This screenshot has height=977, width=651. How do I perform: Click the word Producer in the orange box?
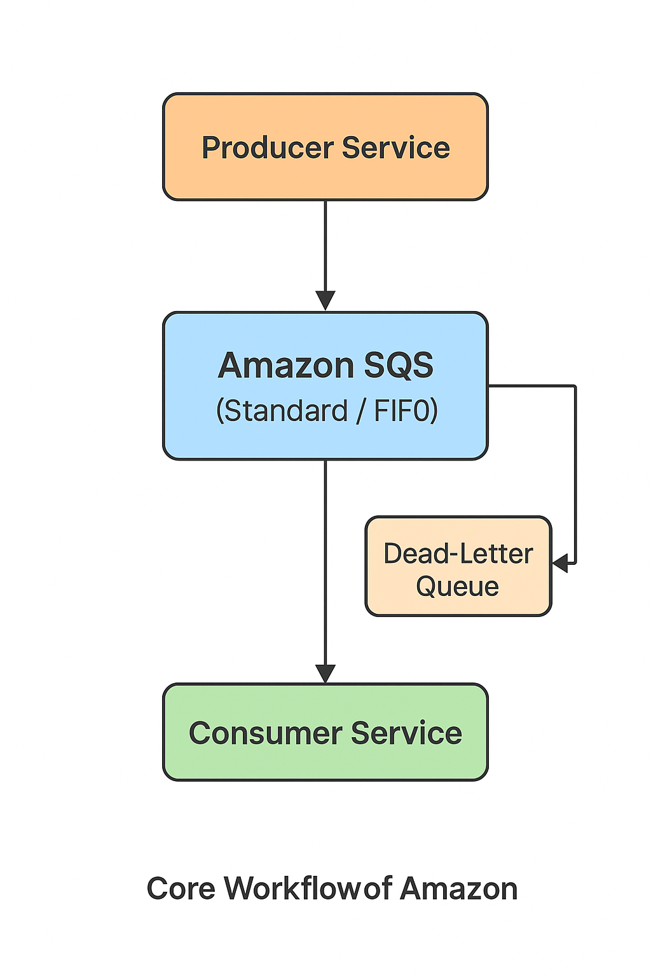click(x=268, y=148)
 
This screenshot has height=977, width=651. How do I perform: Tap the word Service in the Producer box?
click(x=395, y=148)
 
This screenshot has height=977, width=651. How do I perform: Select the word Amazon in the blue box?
click(x=285, y=366)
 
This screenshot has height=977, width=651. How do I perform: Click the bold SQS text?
click(x=398, y=366)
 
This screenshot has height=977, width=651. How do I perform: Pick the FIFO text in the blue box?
click(x=406, y=411)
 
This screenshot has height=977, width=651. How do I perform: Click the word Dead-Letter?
click(x=458, y=553)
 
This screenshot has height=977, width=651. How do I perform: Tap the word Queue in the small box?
click(x=457, y=586)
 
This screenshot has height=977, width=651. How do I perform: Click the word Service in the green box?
click(x=406, y=733)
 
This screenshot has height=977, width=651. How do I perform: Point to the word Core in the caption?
click(x=181, y=889)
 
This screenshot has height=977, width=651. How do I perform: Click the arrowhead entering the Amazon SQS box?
click(x=325, y=300)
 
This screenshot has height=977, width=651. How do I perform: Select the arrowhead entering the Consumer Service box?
click(x=325, y=673)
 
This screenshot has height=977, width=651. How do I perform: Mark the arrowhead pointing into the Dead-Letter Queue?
click(x=561, y=564)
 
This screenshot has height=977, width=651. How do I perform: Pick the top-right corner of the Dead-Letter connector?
click(x=575, y=386)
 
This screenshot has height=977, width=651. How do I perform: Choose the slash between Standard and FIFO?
click(x=360, y=412)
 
